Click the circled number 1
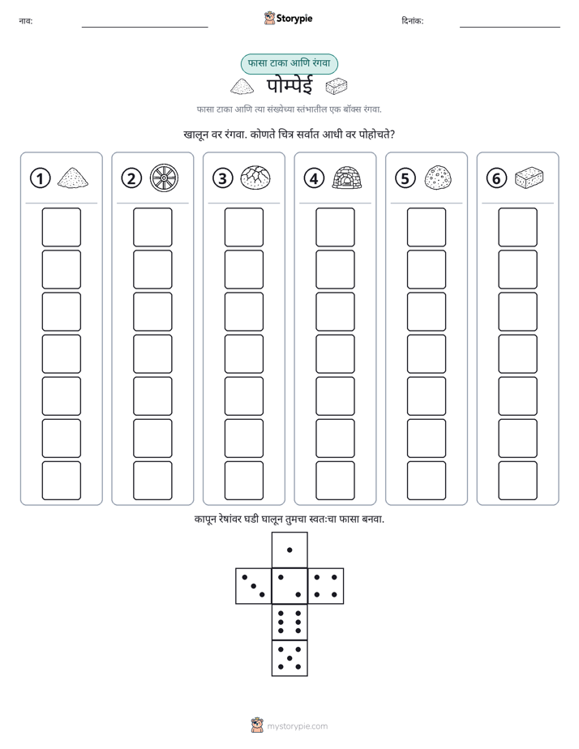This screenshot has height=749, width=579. (x=40, y=178)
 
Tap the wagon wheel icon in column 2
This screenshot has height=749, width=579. (x=164, y=178)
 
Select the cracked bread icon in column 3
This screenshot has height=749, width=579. (x=255, y=178)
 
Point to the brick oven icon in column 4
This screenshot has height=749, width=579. (x=347, y=178)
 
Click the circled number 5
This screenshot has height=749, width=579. (x=405, y=178)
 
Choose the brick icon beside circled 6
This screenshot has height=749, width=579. (x=530, y=178)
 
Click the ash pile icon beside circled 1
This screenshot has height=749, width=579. (x=73, y=178)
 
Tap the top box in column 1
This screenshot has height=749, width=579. (x=61, y=227)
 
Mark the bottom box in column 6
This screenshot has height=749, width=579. (x=517, y=481)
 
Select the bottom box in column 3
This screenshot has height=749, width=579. (x=243, y=481)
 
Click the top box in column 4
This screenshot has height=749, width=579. (x=335, y=227)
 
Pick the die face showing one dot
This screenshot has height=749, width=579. (x=289, y=550)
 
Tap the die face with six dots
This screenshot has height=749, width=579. (x=289, y=622)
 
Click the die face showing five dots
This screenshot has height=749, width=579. (x=289, y=657)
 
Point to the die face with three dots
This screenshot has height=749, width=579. (x=254, y=585)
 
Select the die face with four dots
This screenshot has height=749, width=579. (x=326, y=585)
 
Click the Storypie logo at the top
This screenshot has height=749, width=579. (x=288, y=19)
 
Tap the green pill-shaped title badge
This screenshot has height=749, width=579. (x=289, y=64)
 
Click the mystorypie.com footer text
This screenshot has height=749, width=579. (x=297, y=726)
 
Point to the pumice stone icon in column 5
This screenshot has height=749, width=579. (x=438, y=178)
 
